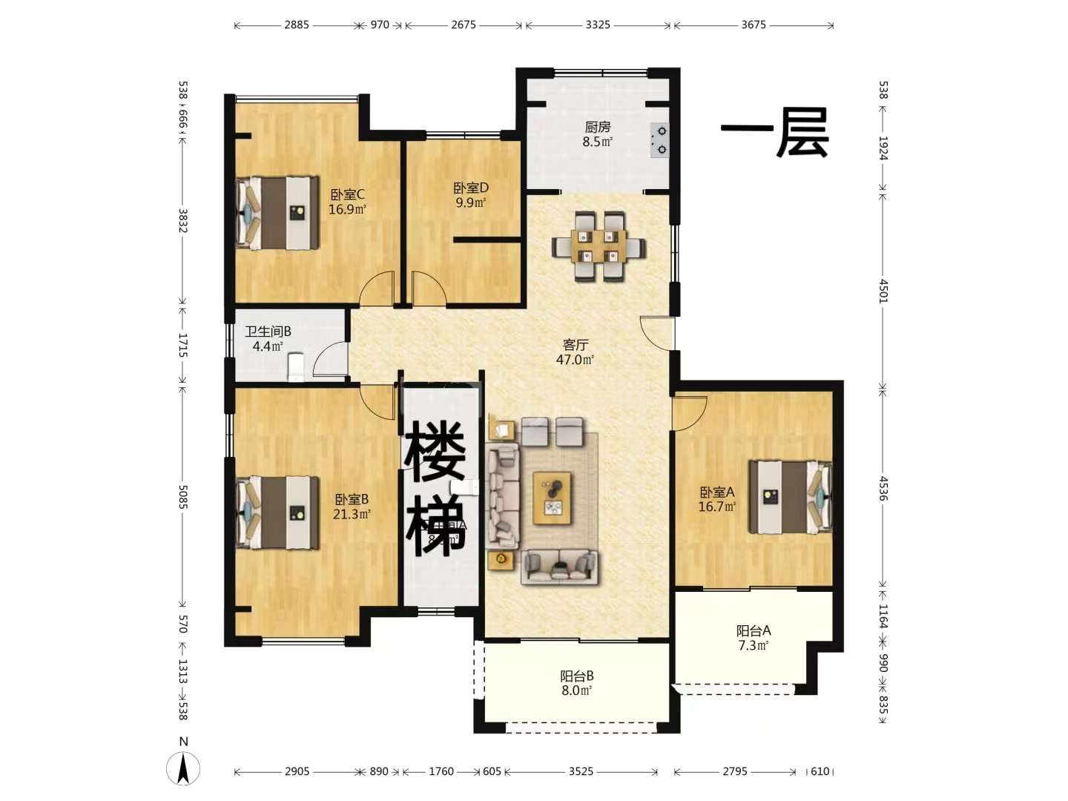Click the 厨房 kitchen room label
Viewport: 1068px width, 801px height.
coord(597,134)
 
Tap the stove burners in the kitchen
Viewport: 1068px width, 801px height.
coord(659,141)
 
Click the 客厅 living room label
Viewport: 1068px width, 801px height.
coord(576,352)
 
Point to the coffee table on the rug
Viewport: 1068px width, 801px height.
coord(553,498)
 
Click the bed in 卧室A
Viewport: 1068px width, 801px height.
coord(789,497)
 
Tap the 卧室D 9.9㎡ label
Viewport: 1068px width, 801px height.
coord(471,195)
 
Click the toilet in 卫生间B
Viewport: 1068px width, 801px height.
coord(296,366)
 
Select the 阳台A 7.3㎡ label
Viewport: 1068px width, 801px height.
coord(754,638)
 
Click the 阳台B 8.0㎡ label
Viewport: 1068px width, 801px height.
coord(576,683)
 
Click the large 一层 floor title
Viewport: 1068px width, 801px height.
coord(775,133)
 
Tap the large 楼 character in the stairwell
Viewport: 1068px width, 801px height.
coord(435,451)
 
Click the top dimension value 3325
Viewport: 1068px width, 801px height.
coord(598,24)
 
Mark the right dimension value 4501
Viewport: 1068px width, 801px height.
coord(883,290)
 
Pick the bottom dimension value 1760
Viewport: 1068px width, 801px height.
coord(441,771)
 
